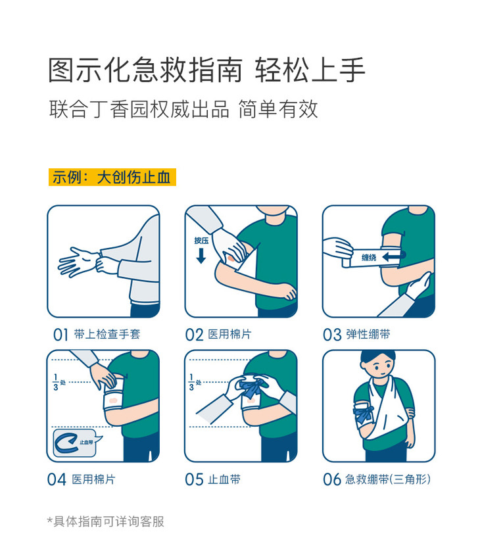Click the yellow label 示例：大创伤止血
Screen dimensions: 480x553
(x=112, y=177)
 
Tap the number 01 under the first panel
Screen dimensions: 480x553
(x=60, y=335)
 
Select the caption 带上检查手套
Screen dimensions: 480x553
(x=107, y=334)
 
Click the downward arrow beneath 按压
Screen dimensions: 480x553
(x=201, y=256)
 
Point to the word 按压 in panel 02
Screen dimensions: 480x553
(x=201, y=241)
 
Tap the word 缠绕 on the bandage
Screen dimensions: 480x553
(x=369, y=258)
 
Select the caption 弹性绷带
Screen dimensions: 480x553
(x=368, y=334)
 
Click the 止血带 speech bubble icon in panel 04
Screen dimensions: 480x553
(x=76, y=443)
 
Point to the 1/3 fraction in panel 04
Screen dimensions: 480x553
(x=55, y=382)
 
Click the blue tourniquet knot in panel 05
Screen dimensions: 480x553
(x=253, y=387)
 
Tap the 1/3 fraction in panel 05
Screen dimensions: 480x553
(x=191, y=382)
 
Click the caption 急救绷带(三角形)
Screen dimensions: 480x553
(x=387, y=479)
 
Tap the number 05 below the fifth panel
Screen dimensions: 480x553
(x=195, y=479)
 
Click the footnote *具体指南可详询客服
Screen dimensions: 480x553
(x=105, y=521)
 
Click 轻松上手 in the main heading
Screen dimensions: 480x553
(x=310, y=70)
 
